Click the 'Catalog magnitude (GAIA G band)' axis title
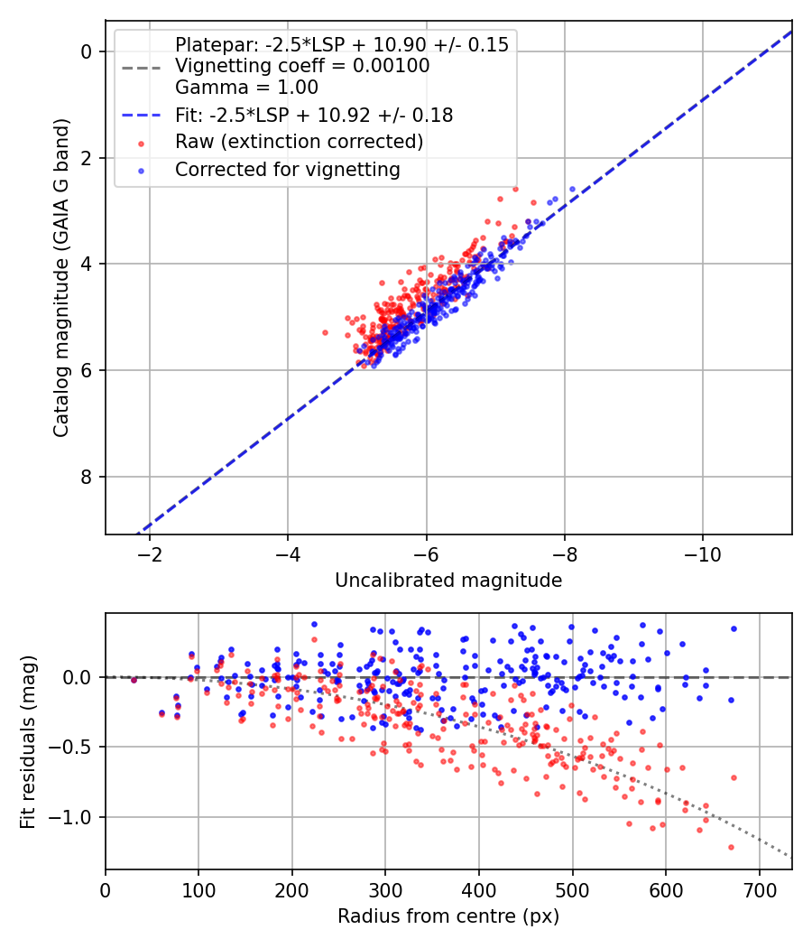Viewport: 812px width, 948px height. point(61,278)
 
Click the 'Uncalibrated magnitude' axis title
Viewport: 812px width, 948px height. point(448,581)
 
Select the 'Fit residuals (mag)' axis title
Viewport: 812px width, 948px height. point(28,742)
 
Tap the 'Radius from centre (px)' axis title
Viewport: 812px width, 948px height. point(448,916)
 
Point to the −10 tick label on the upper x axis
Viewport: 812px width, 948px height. point(702,554)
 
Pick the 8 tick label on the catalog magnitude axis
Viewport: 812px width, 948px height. point(86,477)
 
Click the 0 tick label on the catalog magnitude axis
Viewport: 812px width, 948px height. point(86,52)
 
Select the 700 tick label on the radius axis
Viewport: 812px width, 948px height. point(759,890)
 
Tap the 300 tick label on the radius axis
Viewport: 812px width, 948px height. point(385,890)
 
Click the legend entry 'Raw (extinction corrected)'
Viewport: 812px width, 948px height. point(299,142)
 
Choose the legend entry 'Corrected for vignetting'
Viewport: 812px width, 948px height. point(288,170)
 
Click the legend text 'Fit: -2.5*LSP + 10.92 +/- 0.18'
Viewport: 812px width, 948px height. point(314,115)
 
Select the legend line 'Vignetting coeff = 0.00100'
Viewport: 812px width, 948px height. point(302,66)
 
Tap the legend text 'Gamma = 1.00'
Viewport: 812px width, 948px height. point(246,88)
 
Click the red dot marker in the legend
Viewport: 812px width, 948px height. point(142,144)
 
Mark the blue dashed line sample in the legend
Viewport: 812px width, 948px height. point(142,115)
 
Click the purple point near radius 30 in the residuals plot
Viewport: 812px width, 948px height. point(134,680)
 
